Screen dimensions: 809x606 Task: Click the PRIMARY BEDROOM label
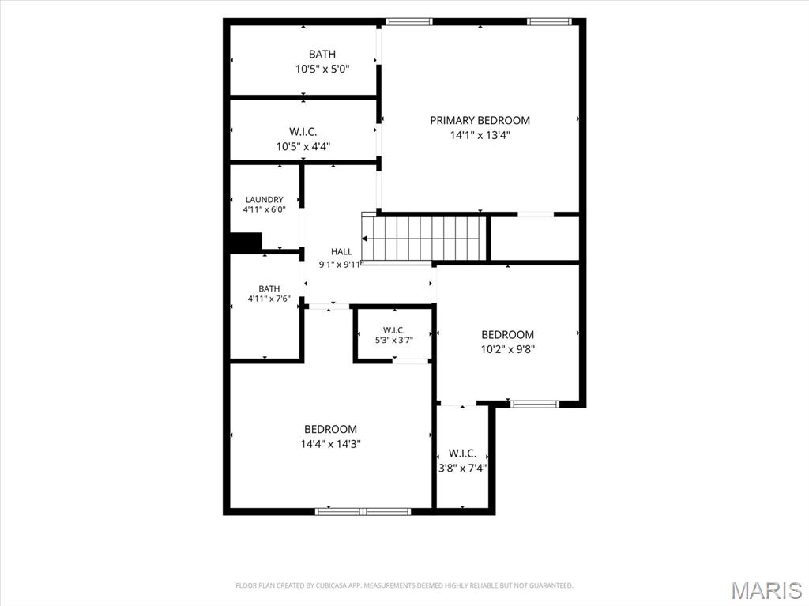480,120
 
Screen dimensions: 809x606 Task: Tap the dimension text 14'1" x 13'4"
480,135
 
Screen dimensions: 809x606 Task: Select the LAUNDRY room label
264,200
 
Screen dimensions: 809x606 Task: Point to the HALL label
341,252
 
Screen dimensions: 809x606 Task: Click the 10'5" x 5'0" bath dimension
322,69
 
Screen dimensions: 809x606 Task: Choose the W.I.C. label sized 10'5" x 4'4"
303,132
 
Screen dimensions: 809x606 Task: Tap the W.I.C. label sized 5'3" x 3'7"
394,329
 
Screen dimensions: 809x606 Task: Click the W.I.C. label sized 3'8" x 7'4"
462,454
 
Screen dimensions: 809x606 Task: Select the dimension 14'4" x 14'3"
330,444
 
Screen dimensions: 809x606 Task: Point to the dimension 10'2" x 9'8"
508,349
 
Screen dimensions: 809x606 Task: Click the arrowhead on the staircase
364,239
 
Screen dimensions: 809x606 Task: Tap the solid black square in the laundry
246,242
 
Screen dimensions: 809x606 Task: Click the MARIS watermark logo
766,590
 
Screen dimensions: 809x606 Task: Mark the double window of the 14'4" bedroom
363,511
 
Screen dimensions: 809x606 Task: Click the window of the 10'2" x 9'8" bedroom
535,405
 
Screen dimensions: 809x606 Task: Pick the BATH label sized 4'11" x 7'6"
269,289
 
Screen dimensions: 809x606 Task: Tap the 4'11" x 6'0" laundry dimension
264,209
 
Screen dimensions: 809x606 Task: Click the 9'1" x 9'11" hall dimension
341,265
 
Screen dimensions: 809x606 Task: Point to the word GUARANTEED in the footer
552,585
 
